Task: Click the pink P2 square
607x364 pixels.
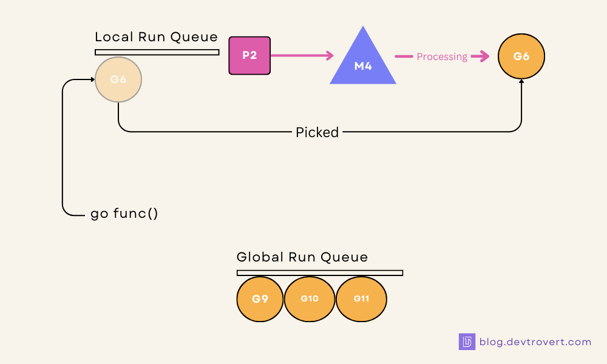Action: tap(249, 55)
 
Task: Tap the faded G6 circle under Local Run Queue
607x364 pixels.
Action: tap(118, 79)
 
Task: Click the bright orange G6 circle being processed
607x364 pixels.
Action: tap(521, 56)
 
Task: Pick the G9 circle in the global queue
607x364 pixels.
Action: tap(260, 298)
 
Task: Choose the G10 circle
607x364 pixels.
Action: tap(310, 298)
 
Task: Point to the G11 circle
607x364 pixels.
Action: tap(361, 298)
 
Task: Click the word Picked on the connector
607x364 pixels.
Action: tap(317, 132)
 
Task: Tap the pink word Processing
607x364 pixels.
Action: tap(442, 56)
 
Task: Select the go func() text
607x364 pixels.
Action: tap(124, 214)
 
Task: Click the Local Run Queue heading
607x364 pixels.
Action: tap(156, 37)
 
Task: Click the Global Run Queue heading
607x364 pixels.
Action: tap(302, 257)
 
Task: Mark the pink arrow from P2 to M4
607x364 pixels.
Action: tap(302, 56)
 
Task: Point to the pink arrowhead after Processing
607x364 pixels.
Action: tap(483, 56)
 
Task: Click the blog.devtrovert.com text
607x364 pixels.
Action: tap(535, 342)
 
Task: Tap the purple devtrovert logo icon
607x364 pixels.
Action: tap(467, 342)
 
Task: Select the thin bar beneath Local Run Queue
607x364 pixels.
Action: tap(157, 52)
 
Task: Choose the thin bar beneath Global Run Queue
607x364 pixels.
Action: tap(319, 273)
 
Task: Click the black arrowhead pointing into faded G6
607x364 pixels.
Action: tap(92, 79)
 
